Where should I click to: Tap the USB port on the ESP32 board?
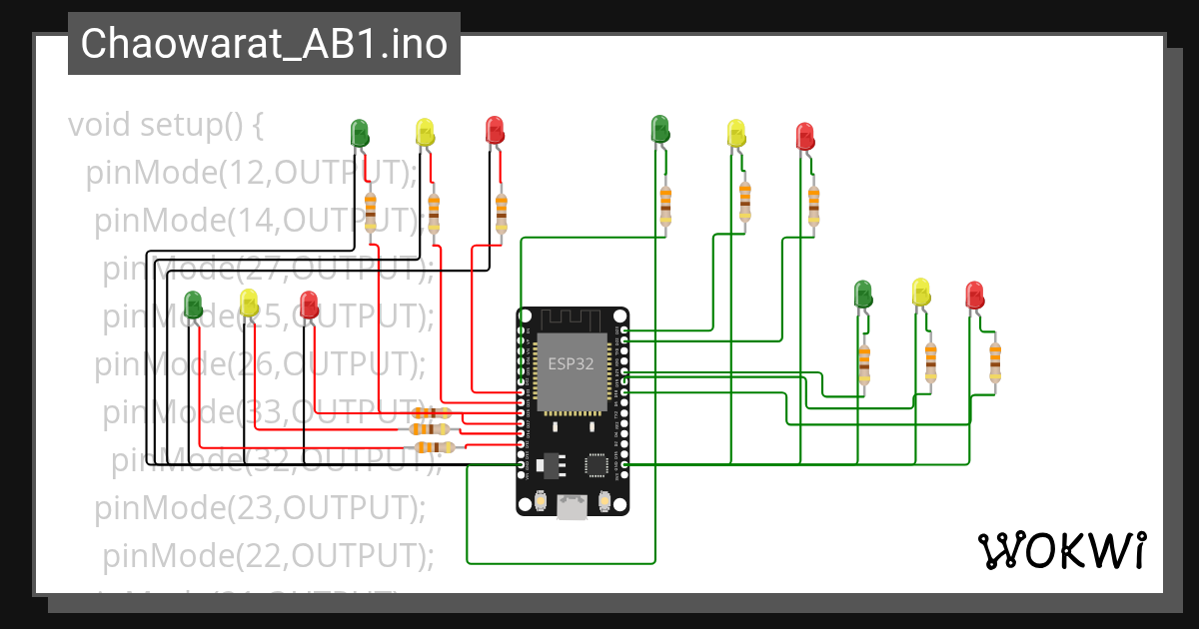point(572,507)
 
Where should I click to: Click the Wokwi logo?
point(1060,550)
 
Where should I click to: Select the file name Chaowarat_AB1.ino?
point(264,44)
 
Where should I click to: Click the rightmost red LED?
point(974,296)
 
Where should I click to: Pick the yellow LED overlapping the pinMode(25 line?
point(250,304)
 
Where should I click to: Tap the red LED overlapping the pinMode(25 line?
point(309,305)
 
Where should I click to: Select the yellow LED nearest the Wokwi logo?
point(921,293)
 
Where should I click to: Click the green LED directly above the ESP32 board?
point(659,129)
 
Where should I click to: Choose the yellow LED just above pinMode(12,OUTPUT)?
point(425,132)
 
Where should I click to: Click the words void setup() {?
point(165,126)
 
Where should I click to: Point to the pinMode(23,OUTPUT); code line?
point(261,507)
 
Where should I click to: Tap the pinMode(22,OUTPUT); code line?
point(268,554)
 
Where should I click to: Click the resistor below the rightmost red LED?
point(994,361)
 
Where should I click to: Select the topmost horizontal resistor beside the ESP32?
point(431,413)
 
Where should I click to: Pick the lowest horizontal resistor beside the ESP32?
point(434,447)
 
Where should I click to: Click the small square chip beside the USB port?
point(597,464)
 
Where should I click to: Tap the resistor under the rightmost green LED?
point(863,363)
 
